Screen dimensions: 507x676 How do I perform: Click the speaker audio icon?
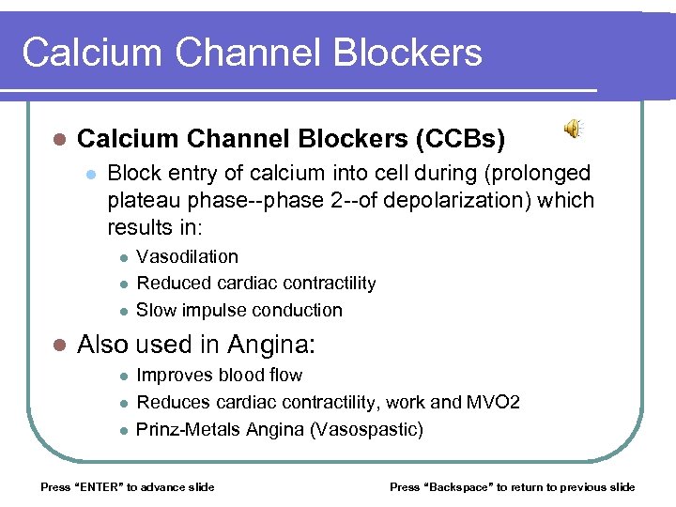click(x=572, y=131)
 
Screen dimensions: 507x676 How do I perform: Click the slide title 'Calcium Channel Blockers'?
click(x=252, y=53)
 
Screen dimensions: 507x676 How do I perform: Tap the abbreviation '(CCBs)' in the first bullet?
click(x=459, y=139)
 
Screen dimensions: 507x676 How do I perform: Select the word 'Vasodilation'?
click(x=187, y=256)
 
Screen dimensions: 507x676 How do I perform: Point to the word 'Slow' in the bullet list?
click(x=157, y=310)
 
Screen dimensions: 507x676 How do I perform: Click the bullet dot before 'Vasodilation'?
click(x=121, y=257)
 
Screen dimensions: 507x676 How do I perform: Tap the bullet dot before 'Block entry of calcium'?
click(x=90, y=174)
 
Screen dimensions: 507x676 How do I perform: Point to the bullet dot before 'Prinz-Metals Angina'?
click(x=121, y=430)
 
